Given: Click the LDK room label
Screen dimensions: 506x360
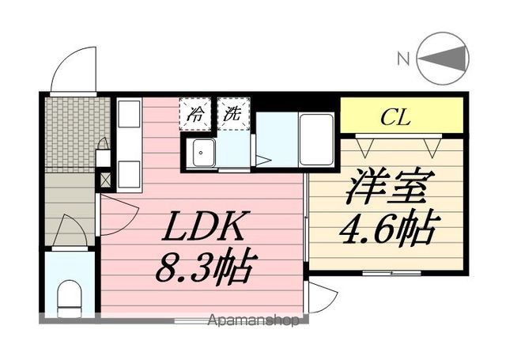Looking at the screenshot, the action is click(202, 226).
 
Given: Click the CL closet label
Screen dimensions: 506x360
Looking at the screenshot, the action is click(395, 117).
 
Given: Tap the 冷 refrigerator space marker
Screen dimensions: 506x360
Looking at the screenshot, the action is click(196, 114).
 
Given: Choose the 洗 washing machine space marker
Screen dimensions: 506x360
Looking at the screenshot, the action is click(233, 114).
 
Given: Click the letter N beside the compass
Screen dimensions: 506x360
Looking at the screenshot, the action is click(403, 59).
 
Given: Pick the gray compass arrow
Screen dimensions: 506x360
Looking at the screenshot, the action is click(443, 59).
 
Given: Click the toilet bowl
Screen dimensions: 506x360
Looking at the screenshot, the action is click(70, 297).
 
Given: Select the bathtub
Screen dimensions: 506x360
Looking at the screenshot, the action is click(316, 139).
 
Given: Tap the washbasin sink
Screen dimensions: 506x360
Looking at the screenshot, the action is click(204, 153).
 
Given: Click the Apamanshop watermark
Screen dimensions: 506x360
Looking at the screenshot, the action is click(253, 320).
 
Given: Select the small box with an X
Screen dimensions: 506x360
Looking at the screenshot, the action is click(105, 180).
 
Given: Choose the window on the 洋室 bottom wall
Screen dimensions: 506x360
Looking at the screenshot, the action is click(391, 274).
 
